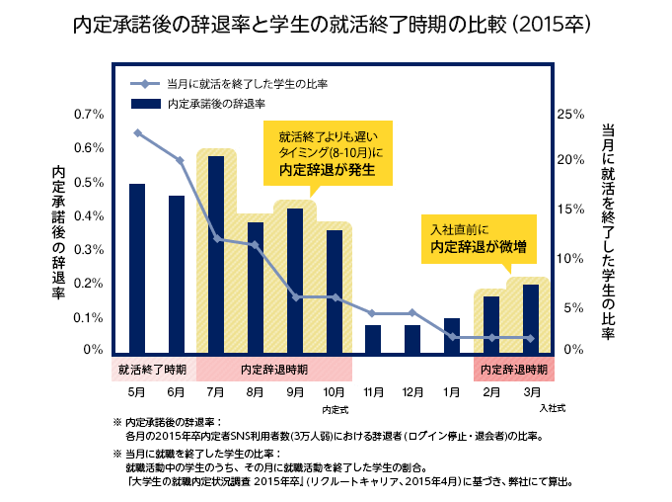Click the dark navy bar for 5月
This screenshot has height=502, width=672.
137,268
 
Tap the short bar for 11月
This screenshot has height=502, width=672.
373,339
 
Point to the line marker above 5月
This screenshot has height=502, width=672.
137,132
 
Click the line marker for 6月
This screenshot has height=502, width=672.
180,160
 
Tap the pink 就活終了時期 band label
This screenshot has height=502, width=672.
152,370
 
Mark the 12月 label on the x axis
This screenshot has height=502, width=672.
412,392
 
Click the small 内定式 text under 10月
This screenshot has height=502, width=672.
336,407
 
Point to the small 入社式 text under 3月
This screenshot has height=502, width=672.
551,407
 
